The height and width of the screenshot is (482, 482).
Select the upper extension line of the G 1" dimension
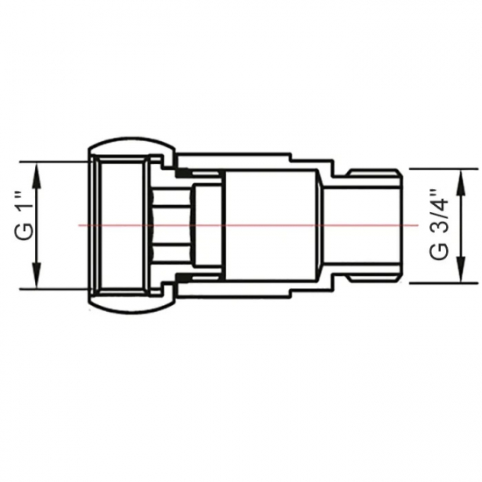[53, 162]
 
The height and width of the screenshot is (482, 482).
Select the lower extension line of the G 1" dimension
[53, 288]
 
